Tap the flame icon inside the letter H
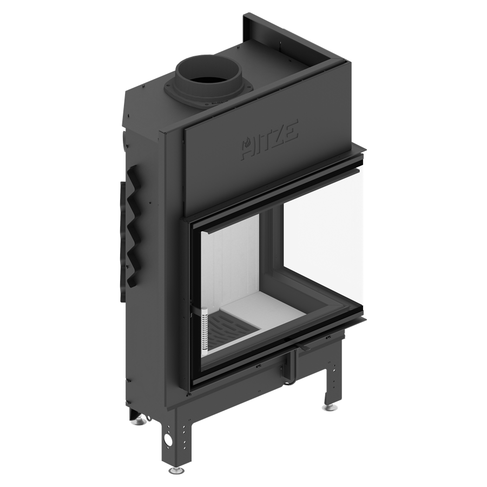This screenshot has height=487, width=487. click(x=247, y=143)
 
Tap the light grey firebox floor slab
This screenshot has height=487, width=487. click(x=261, y=309)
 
